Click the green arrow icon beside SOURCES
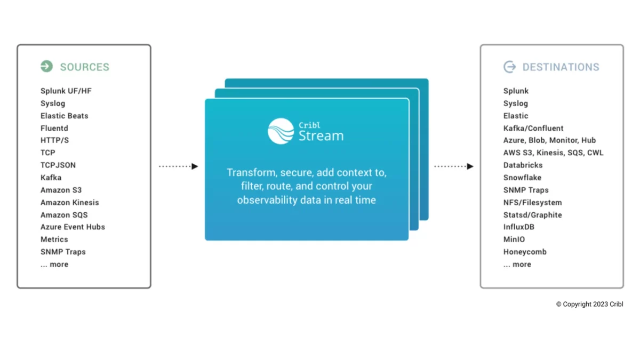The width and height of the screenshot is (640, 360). tap(46, 66)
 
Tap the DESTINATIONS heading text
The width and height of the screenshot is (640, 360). tap(561, 67)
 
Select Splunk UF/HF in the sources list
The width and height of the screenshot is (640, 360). tap(66, 91)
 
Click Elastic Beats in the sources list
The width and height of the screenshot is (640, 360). tap(64, 116)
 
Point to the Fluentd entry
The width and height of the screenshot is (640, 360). tap(54, 128)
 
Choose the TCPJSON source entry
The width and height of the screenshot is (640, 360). tap(58, 165)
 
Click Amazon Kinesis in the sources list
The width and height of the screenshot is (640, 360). tap(69, 202)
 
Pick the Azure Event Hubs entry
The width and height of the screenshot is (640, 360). tap(73, 227)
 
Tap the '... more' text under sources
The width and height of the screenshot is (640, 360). tap(54, 264)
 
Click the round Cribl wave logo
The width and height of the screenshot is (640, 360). tap(281, 131)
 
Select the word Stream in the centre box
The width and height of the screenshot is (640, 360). tap(321, 135)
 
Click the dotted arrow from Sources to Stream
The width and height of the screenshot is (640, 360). tap(178, 166)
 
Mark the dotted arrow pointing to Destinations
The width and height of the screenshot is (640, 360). tap(453, 166)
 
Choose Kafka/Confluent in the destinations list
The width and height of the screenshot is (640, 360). tap(533, 128)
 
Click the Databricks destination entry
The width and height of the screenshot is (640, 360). tap(523, 165)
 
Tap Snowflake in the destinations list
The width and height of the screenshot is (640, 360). tap(522, 178)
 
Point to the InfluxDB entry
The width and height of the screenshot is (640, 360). tap(518, 227)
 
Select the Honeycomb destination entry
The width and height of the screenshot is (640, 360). tap(525, 252)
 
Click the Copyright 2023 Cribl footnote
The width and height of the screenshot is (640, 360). tap(589, 304)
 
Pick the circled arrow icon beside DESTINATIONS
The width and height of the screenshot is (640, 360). tap(509, 67)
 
